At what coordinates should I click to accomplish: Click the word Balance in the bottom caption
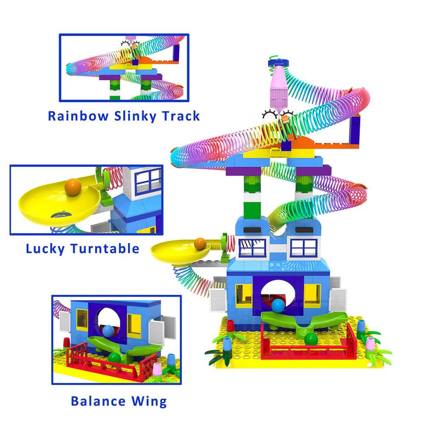click(98, 401)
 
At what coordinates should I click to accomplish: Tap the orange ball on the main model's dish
click(200, 244)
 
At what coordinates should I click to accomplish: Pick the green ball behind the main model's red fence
click(311, 339)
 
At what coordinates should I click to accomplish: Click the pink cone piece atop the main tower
click(279, 85)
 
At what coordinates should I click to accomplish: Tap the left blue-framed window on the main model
click(252, 248)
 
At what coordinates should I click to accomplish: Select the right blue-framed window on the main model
click(303, 248)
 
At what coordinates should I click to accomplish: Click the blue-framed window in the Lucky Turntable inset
click(148, 181)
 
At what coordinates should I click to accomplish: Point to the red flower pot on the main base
click(231, 326)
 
